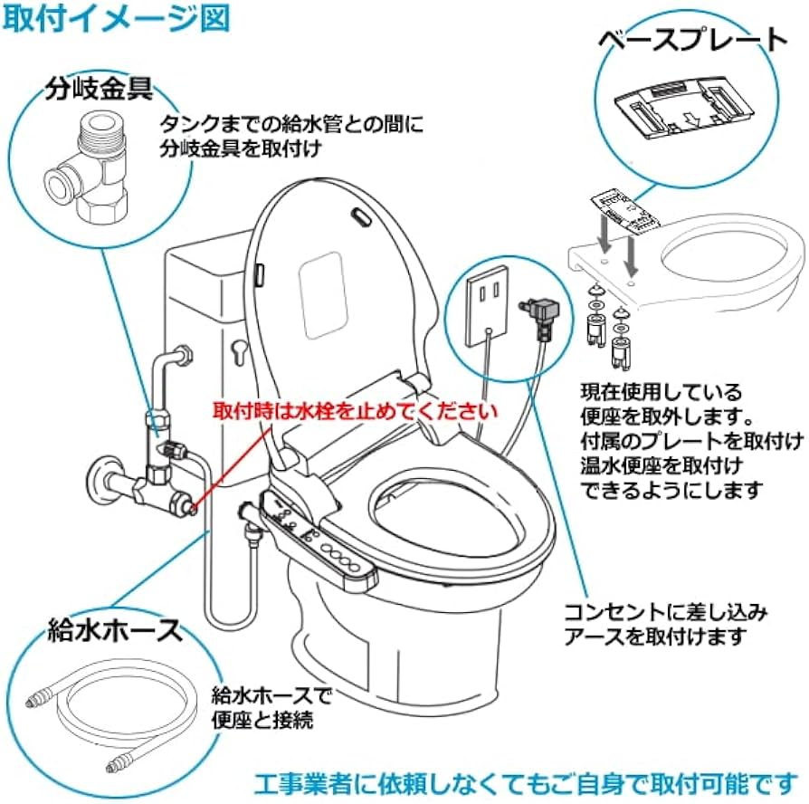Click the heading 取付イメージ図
117,17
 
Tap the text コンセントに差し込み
665,612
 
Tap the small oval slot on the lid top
360,216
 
